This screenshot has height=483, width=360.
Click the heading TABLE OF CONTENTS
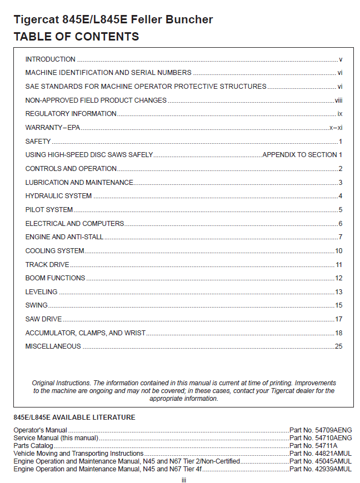(x=76, y=37)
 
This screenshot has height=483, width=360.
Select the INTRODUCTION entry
(x=51, y=59)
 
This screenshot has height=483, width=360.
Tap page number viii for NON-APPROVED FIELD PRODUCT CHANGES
(x=338, y=100)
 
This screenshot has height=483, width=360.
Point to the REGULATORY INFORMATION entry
(x=71, y=114)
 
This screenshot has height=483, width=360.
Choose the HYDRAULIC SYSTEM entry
(x=59, y=196)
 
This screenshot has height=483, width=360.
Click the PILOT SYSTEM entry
(x=49, y=210)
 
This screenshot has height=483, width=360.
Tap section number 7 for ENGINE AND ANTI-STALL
(x=340, y=237)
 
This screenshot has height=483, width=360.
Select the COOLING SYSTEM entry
(x=55, y=251)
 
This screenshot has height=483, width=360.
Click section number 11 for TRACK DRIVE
(x=339, y=265)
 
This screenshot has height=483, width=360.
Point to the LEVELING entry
(x=41, y=292)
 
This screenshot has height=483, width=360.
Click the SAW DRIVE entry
(x=44, y=319)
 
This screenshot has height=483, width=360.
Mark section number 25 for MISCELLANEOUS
(x=338, y=346)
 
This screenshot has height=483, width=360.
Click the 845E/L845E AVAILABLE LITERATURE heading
(x=74, y=417)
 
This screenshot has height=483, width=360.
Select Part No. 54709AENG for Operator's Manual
(x=321, y=430)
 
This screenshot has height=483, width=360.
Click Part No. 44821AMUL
(x=321, y=454)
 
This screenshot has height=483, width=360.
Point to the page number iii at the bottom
(x=183, y=479)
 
